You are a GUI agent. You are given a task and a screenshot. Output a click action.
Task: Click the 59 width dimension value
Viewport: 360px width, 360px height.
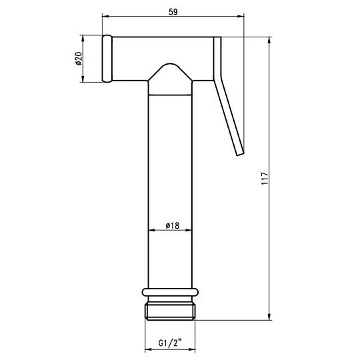tap(173, 12)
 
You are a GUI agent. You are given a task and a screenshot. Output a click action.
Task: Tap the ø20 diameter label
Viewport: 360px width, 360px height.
tap(79, 59)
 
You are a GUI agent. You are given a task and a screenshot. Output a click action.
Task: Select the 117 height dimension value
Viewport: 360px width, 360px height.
tap(265, 179)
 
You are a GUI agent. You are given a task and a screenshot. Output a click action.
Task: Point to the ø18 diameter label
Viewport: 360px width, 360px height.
tap(173, 225)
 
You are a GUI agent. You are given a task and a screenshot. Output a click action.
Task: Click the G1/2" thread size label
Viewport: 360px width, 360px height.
tap(170, 343)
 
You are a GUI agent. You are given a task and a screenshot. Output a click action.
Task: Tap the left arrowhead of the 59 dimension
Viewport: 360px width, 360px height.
tap(105, 16)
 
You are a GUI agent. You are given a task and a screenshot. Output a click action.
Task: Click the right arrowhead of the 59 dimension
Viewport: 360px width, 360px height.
tap(241, 16)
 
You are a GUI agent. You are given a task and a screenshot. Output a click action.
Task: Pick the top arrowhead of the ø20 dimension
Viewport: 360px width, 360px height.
tap(83, 39)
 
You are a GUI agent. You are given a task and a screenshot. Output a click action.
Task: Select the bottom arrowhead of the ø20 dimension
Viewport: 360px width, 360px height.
tap(83, 79)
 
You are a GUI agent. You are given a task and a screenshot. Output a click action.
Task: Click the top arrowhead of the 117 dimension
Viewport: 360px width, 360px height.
tap(269, 41)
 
